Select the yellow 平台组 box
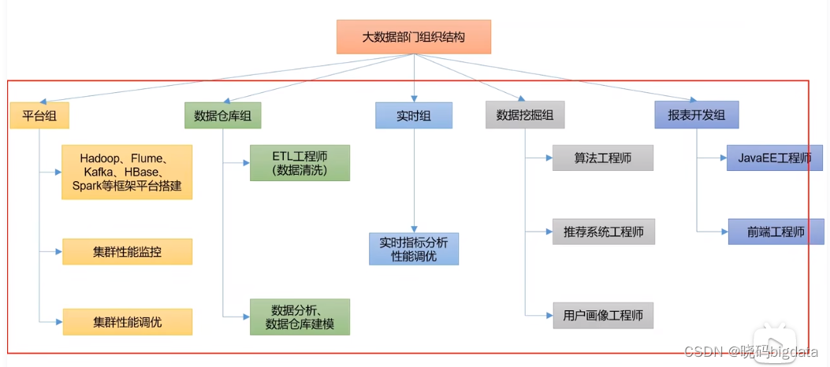click(x=39, y=116)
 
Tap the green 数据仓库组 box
click(x=222, y=116)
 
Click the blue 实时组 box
click(x=414, y=116)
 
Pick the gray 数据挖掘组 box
click(x=525, y=116)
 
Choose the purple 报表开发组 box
click(x=696, y=116)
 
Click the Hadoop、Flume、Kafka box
click(x=127, y=171)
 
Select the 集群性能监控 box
click(x=127, y=252)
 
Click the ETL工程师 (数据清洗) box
click(x=300, y=163)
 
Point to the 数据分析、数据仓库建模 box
click(x=300, y=317)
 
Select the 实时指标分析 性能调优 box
click(x=414, y=249)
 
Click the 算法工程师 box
click(x=603, y=158)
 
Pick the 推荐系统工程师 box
click(x=603, y=232)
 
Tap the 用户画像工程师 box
click(x=603, y=316)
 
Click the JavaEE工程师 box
click(x=775, y=158)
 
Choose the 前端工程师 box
click(x=775, y=232)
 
